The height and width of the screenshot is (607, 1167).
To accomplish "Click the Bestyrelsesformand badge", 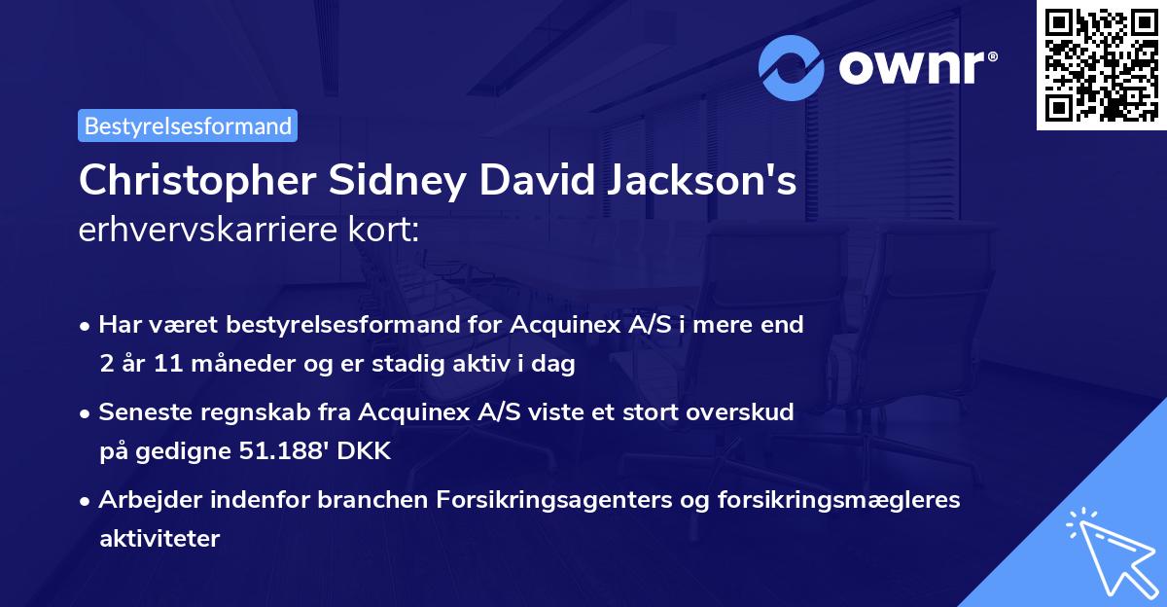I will [188, 125].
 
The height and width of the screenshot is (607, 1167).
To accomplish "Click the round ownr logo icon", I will [792, 67].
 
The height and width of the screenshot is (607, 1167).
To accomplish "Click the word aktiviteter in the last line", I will [159, 538].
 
